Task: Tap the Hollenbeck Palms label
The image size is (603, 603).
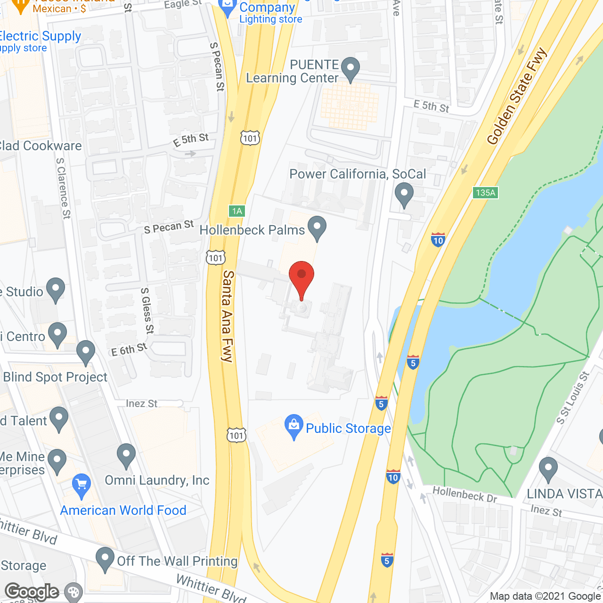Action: coord(253,230)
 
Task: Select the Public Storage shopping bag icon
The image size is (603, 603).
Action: coord(294,426)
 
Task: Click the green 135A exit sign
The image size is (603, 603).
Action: coord(485,193)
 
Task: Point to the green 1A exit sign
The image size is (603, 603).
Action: coord(237,211)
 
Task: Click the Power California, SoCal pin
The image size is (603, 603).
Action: coord(404,195)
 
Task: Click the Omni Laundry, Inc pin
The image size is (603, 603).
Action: coord(126,456)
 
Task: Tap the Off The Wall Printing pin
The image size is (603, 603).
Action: coord(105,559)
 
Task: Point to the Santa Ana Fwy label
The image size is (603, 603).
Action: coord(228,316)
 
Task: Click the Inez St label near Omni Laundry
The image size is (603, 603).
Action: coord(141,404)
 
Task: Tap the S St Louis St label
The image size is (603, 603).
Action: coord(573,398)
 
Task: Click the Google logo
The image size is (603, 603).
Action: coord(32,592)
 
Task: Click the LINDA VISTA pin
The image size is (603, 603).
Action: coord(548,469)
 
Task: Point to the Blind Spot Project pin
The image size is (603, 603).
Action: coord(86,352)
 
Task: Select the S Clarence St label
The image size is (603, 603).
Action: coord(63,188)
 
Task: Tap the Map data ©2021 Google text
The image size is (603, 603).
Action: coord(545,596)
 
